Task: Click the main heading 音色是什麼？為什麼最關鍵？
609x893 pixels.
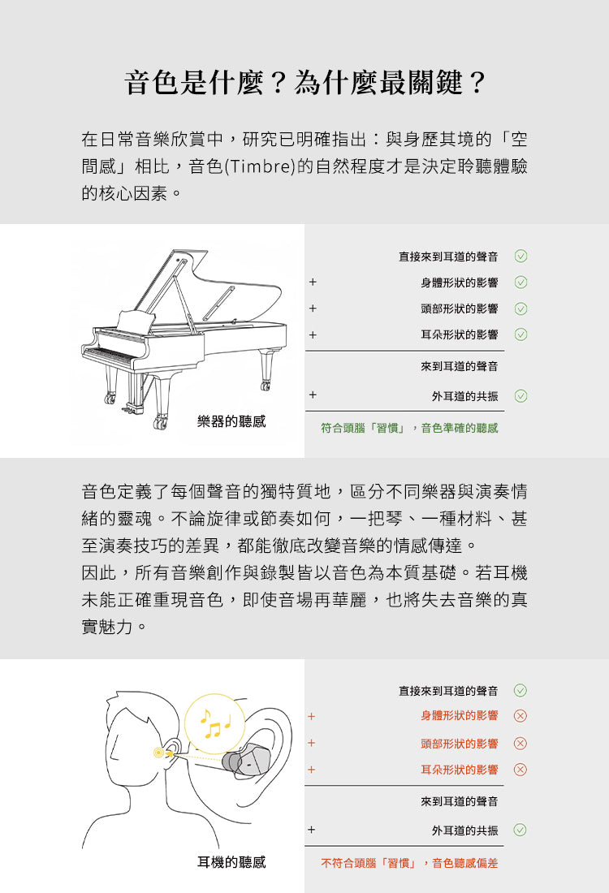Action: [x=304, y=83]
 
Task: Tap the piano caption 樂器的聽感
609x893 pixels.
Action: [x=231, y=421]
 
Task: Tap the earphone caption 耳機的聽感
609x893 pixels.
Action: [x=231, y=862]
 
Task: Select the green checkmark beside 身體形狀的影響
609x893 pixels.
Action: [x=521, y=283]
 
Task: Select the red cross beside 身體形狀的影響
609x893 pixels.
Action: [x=521, y=716]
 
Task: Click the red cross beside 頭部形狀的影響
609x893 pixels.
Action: [x=521, y=744]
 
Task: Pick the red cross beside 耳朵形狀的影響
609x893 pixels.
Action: [x=521, y=770]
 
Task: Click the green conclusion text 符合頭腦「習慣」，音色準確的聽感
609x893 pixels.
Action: [x=409, y=428]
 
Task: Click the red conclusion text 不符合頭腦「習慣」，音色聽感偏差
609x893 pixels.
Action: [x=409, y=863]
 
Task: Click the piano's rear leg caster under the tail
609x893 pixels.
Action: [x=266, y=385]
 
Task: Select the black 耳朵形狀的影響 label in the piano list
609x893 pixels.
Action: [x=460, y=334]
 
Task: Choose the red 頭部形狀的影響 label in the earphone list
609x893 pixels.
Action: [x=460, y=744]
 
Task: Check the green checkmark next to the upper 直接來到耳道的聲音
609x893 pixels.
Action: [x=521, y=257]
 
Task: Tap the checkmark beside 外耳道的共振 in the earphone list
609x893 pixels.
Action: [x=521, y=830]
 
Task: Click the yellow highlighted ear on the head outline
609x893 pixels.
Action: [x=167, y=753]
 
